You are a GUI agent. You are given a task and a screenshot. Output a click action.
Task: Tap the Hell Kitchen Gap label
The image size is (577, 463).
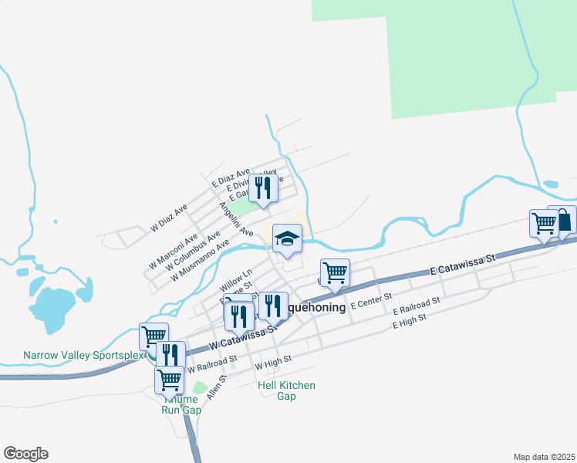(x=286, y=390)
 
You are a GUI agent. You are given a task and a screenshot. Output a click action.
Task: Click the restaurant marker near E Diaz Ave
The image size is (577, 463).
(x=263, y=188)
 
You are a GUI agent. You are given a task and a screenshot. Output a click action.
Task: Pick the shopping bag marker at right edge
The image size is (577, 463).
(x=563, y=220)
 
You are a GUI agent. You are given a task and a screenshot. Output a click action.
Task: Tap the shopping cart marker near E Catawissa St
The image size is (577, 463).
(x=335, y=272)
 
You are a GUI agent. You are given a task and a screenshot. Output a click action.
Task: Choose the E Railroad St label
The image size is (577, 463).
(x=416, y=306)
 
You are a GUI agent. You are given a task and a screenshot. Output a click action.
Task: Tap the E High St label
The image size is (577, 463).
(x=409, y=319)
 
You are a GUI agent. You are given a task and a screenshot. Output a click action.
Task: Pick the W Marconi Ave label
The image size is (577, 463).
(x=174, y=248)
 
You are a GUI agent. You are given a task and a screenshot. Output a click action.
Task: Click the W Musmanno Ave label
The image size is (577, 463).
(x=201, y=262)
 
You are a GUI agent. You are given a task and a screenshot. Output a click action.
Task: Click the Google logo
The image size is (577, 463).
(x=25, y=454)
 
